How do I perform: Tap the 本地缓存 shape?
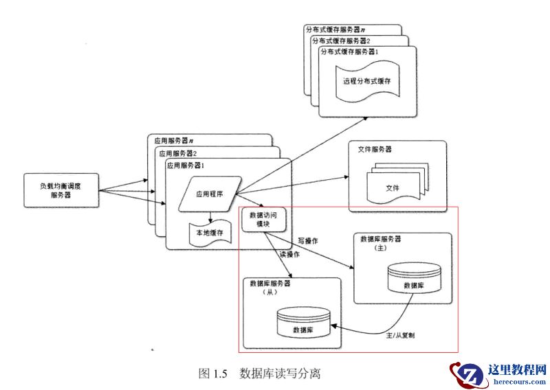point(210,233)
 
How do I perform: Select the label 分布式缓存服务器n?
point(335,29)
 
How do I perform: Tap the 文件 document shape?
point(392,187)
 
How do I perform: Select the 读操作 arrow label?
point(289,254)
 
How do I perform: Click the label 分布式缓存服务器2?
point(341,41)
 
